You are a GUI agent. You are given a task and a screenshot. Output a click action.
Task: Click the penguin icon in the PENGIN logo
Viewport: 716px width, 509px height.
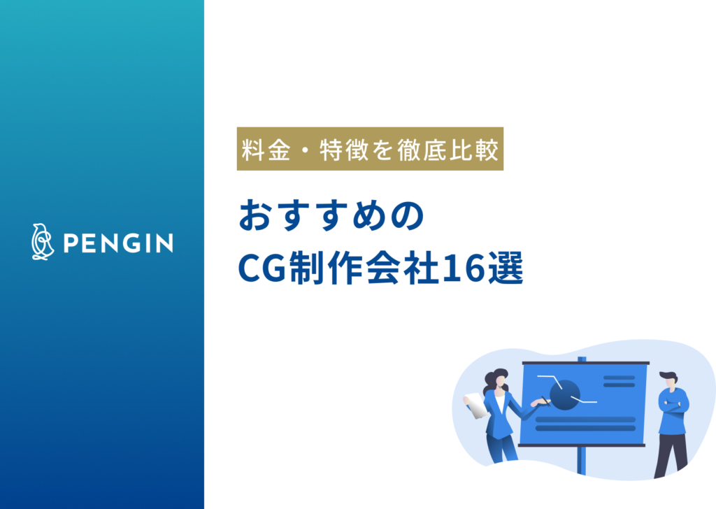click(42, 242)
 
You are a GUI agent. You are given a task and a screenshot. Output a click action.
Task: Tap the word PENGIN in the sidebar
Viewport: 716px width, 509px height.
click(118, 243)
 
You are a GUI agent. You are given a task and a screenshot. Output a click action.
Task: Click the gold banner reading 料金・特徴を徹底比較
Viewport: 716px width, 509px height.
click(370, 149)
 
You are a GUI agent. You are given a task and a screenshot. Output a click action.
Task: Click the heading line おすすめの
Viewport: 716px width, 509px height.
click(331, 218)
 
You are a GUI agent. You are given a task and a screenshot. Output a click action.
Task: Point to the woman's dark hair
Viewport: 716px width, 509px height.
click(498, 381)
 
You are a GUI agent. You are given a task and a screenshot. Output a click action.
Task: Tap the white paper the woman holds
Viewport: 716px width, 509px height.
click(476, 405)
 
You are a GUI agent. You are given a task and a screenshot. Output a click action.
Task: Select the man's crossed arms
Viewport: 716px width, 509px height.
click(673, 404)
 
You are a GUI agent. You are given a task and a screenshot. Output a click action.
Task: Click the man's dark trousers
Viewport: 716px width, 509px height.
click(671, 451)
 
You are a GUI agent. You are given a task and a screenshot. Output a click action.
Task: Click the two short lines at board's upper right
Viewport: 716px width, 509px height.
click(618, 381)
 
